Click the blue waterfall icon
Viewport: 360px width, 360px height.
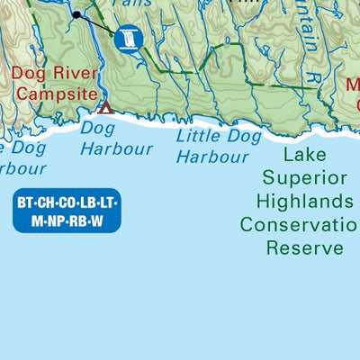click(x=131, y=39)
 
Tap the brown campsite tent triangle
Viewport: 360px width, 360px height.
click(x=105, y=108)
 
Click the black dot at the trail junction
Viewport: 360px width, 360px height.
click(x=76, y=14)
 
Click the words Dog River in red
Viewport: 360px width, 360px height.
click(x=52, y=72)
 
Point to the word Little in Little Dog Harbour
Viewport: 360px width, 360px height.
click(x=198, y=137)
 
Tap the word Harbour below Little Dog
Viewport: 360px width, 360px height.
click(x=212, y=157)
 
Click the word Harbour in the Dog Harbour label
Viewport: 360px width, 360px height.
click(x=116, y=148)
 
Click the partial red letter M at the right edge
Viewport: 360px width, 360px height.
click(x=353, y=85)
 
